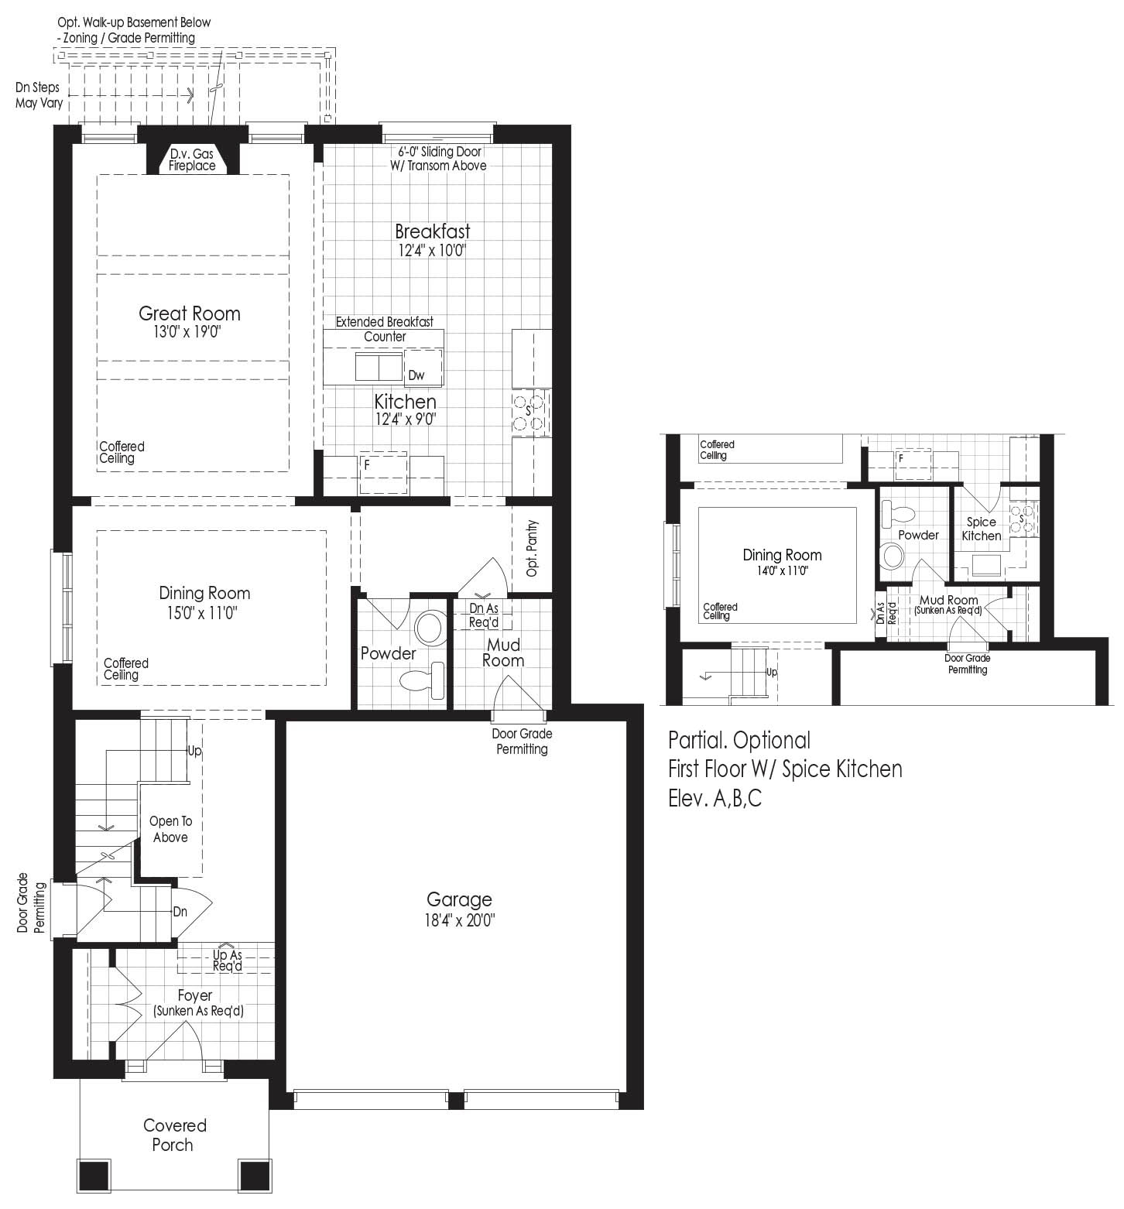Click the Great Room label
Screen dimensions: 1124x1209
coord(190,313)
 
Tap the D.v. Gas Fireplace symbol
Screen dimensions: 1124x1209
coord(193,160)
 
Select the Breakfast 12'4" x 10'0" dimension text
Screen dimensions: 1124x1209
coord(433,251)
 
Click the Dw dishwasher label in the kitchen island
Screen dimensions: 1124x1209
coord(416,375)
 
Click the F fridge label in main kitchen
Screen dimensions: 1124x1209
coord(367,466)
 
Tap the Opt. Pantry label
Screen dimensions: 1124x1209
coord(532,548)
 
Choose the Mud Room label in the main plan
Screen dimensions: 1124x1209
coord(503,652)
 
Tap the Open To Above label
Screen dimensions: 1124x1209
coord(170,829)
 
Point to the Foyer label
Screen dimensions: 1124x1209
coord(194,995)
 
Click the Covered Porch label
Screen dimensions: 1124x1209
coord(174,1135)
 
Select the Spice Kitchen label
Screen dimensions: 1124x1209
coord(982,529)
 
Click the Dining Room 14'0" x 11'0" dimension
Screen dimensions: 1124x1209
coord(782,571)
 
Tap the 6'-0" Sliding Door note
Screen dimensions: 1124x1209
coord(440,152)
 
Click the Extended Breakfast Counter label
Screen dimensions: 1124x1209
coord(385,329)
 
